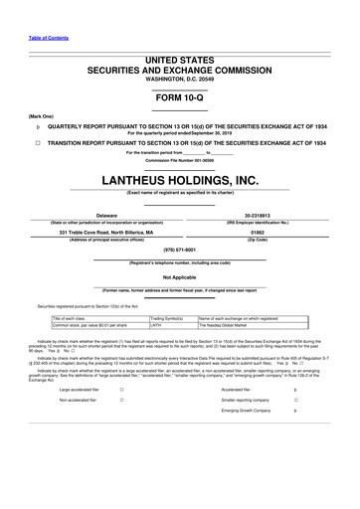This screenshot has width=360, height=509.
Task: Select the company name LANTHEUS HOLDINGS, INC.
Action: (180, 180)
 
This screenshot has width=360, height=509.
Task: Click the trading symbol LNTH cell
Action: (156, 325)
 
